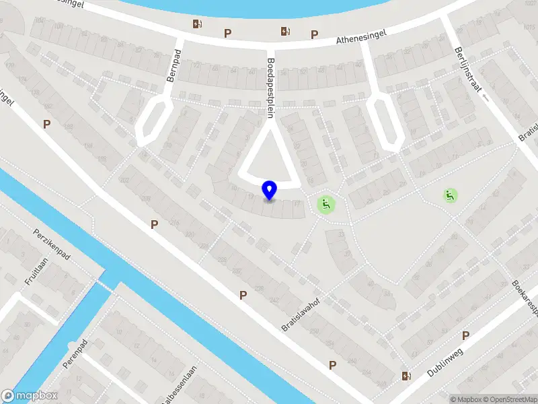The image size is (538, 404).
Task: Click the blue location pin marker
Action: point(270,191)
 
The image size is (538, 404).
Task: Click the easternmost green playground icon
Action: point(450,196)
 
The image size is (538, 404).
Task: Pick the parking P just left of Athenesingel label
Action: point(314,34)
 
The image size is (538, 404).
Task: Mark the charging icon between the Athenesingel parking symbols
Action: point(285,30)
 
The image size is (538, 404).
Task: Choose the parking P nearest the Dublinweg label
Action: point(465,335)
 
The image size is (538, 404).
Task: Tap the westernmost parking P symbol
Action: point(46,124)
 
